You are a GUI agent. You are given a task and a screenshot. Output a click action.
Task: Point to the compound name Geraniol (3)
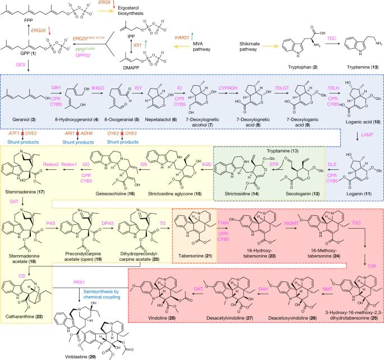click(22, 119)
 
